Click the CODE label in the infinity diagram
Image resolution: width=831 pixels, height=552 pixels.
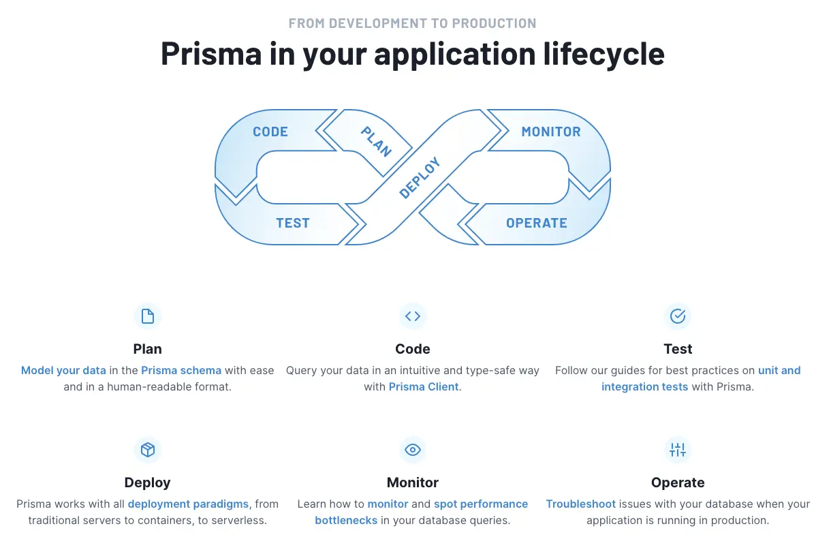[270, 132]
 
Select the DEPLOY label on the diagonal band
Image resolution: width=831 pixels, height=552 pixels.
[420, 178]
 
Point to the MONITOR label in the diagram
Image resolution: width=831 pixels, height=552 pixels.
[551, 132]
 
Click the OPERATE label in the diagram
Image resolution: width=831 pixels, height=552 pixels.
[537, 223]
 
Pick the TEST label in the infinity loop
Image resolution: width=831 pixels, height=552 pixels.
[293, 223]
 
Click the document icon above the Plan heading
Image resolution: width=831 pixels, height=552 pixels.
[148, 316]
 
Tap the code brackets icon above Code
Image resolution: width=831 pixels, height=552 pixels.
[413, 316]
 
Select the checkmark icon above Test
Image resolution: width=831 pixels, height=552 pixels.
[678, 316]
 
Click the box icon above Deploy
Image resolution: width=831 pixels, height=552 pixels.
[148, 450]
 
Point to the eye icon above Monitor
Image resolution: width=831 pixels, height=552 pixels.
[413, 450]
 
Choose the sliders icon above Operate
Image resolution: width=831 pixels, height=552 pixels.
[678, 450]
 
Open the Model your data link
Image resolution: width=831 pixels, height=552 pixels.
[63, 371]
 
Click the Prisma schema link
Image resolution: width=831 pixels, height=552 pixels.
[181, 371]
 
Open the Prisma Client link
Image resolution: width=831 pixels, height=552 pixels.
[424, 387]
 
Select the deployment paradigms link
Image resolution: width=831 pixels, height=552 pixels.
[188, 504]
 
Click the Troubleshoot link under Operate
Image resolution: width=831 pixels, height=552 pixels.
[581, 504]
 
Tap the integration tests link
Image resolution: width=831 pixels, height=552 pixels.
[645, 387]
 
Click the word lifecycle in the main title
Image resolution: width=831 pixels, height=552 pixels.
[601, 54]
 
